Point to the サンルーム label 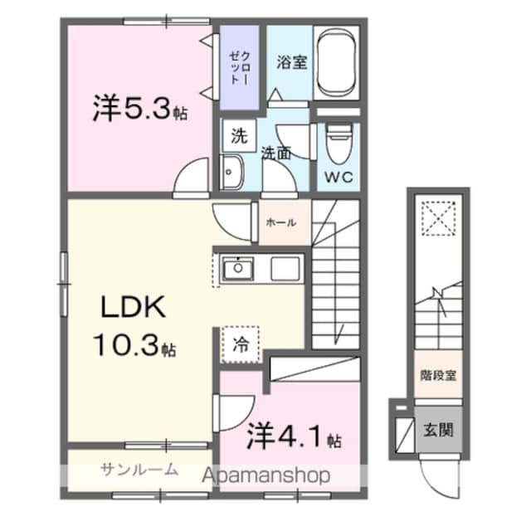click(x=139, y=470)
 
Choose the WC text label click(x=339, y=177)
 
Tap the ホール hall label click(x=281, y=222)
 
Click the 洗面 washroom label click(x=276, y=153)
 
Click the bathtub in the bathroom click(x=338, y=62)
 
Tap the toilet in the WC click(x=338, y=145)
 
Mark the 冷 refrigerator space click(x=240, y=343)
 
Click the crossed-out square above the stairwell click(x=437, y=219)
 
